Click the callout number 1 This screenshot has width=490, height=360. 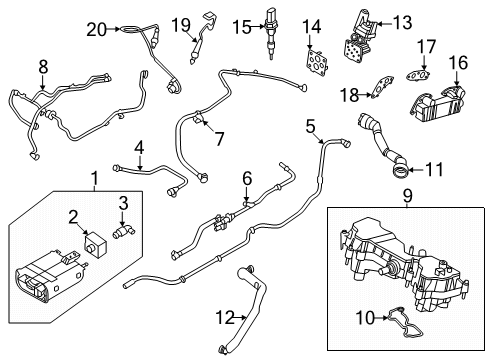[96, 181]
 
